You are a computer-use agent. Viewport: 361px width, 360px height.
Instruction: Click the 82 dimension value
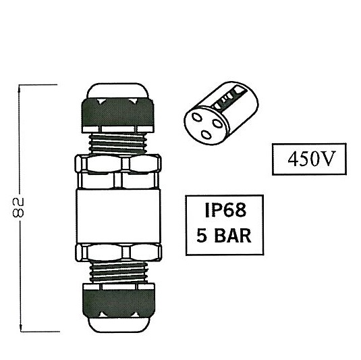[x=18, y=207]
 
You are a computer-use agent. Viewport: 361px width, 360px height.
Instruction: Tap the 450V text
[x=310, y=159]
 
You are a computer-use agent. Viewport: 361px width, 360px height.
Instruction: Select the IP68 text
[x=225, y=210]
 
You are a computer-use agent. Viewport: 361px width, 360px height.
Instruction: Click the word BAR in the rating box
[x=233, y=236]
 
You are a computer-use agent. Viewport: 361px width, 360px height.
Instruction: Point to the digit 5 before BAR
[x=202, y=236]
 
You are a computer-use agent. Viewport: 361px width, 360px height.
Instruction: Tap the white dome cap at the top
[x=117, y=91]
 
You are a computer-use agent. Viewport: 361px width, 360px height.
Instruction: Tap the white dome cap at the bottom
[x=119, y=325]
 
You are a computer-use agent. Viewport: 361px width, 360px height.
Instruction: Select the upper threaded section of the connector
[x=117, y=144]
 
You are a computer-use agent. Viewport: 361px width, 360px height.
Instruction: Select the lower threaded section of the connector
[x=118, y=273]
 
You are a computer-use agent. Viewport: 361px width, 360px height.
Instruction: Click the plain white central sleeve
[x=118, y=216]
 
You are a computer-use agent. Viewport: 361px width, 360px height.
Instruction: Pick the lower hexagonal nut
[x=118, y=253]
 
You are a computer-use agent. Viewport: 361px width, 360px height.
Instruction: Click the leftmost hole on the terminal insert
[x=197, y=118]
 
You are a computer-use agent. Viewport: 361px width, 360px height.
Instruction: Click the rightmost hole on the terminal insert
[x=217, y=124]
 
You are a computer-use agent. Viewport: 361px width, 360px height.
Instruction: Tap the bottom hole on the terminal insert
[x=206, y=134]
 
